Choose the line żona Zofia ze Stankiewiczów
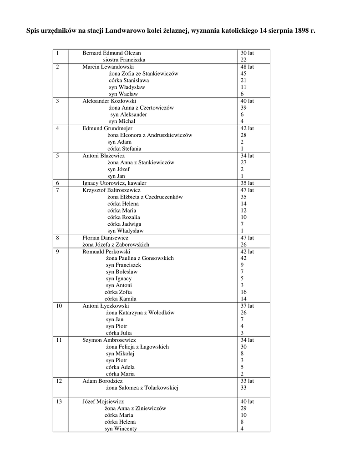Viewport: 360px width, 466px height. tap(143, 74)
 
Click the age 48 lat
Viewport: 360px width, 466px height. tap(247, 67)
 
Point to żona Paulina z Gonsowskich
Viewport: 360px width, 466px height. tap(140, 258)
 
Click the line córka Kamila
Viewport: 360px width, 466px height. tap(121, 299)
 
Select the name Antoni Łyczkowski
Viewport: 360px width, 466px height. tap(106, 306)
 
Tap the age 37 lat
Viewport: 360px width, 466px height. tap(247, 306)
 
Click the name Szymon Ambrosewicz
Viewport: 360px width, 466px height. tap(109, 340)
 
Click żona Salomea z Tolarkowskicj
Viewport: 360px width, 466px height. tap(142, 388)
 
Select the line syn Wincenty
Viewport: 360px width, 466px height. tap(121, 429)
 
